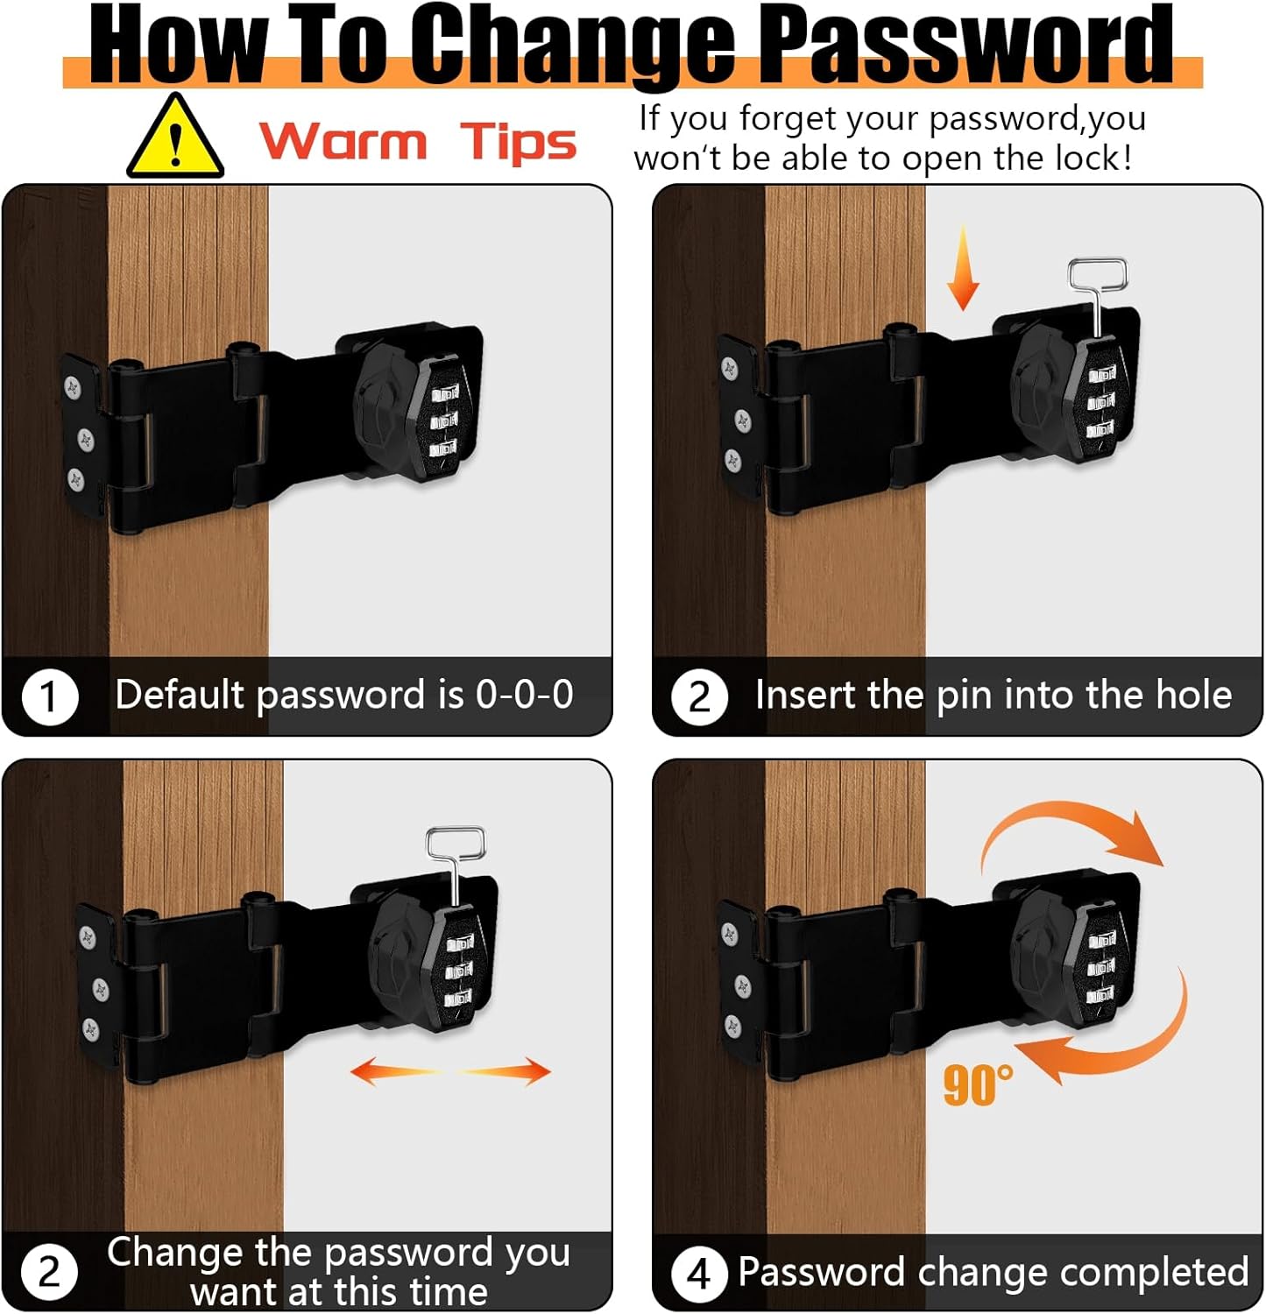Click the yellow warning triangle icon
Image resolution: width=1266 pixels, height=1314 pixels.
[x=175, y=138]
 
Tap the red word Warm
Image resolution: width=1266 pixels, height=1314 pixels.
[x=343, y=141]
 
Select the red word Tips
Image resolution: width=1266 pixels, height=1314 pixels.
[x=519, y=143]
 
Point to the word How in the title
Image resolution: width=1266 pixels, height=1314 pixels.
[x=178, y=43]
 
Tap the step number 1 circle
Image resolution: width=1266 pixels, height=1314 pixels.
[x=50, y=697]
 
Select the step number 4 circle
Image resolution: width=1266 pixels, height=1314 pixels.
[x=699, y=1274]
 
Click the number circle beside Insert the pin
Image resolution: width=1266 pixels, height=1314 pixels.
[x=699, y=697]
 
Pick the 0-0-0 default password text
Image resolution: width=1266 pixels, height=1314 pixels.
[x=524, y=694]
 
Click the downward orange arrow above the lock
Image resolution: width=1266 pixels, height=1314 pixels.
[x=963, y=266]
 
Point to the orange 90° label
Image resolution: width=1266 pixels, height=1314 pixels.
[x=978, y=1084]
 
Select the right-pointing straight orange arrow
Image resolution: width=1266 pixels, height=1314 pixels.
[x=506, y=1070]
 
